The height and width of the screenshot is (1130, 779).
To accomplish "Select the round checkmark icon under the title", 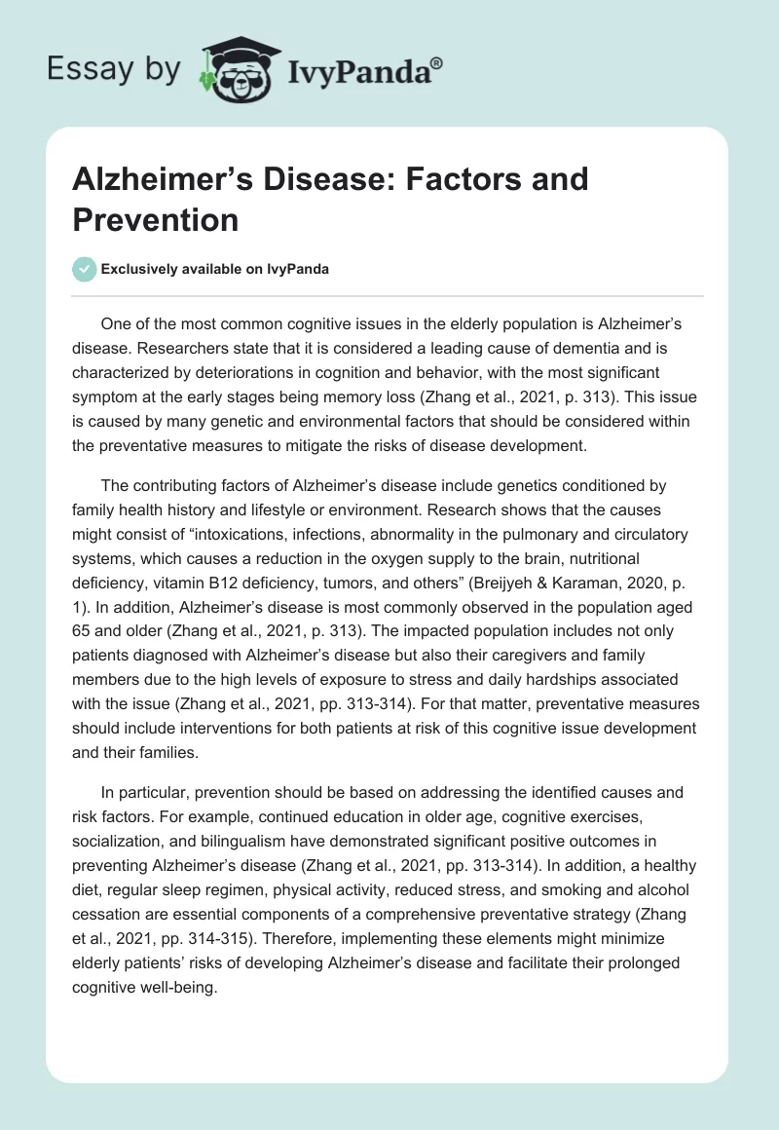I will (85, 269).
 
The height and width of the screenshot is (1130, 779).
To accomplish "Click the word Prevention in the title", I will (156, 219).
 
